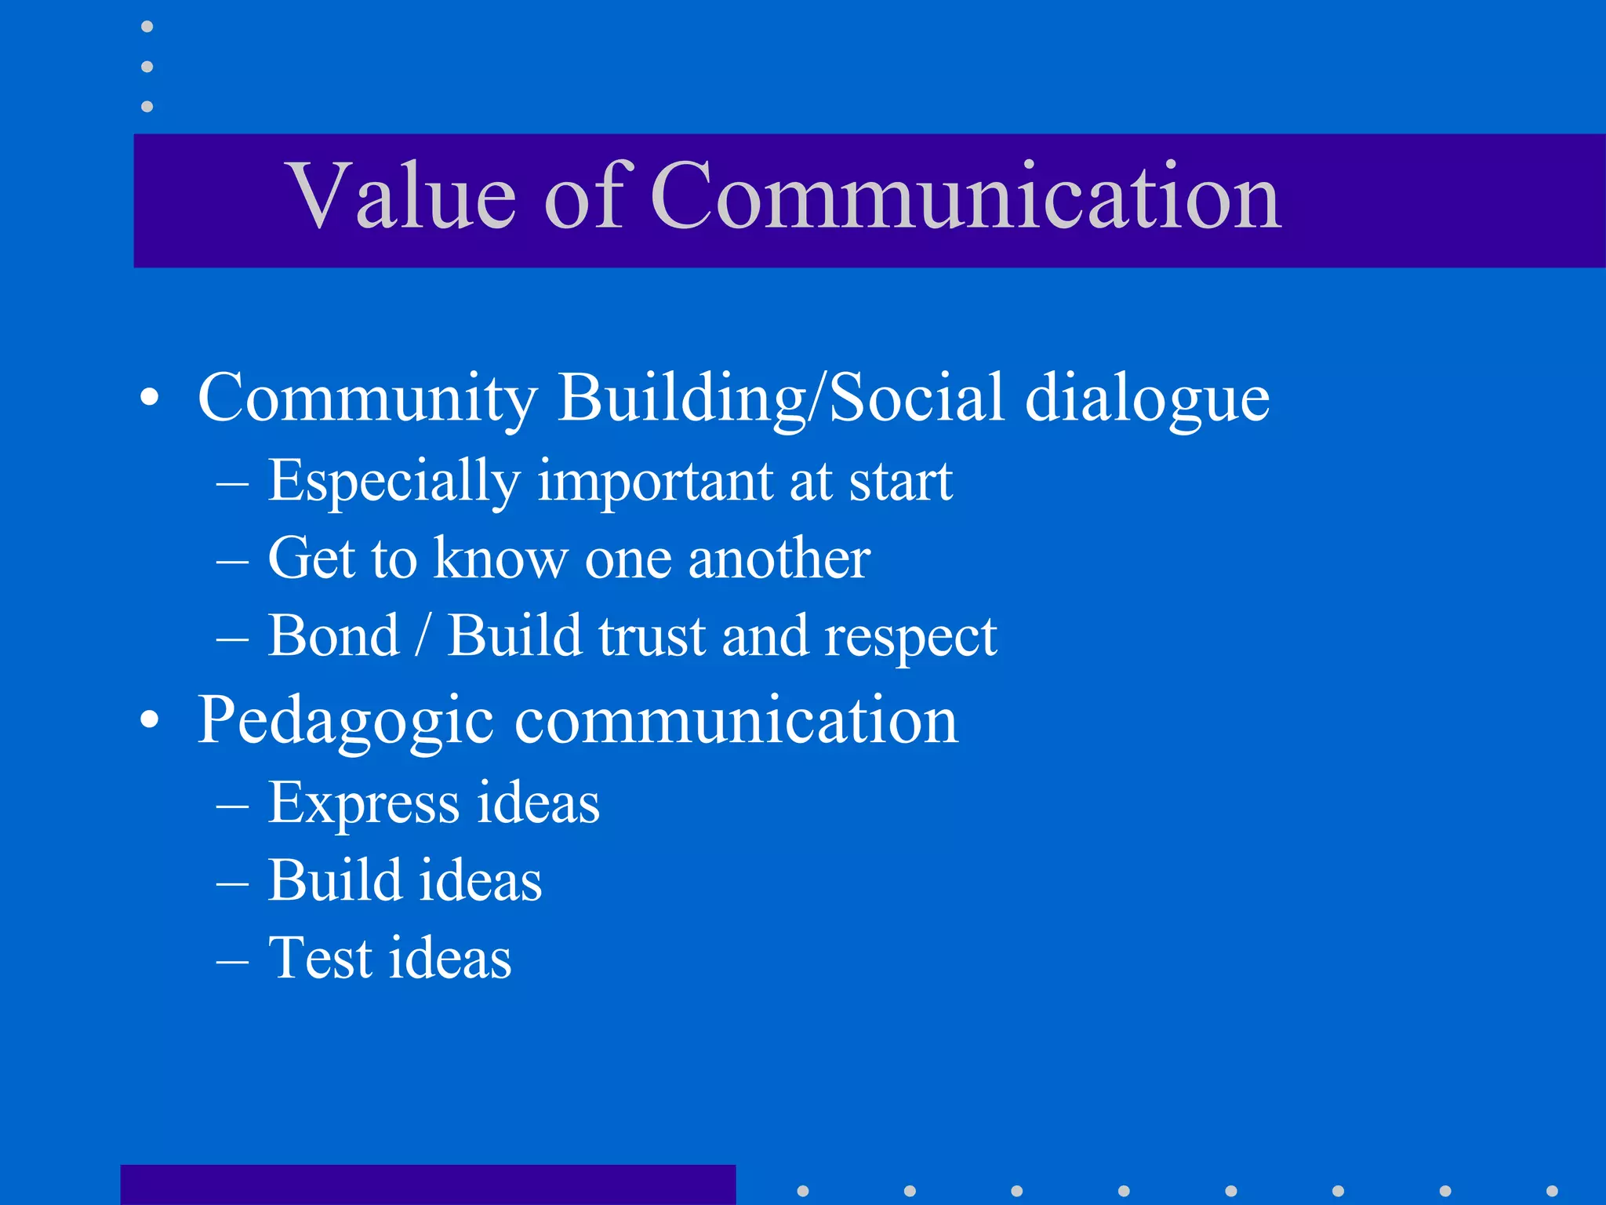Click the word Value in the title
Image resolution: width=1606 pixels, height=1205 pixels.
[x=403, y=196]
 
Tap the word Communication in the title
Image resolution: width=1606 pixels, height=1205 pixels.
[x=965, y=196]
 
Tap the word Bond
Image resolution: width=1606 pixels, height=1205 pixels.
[x=334, y=635]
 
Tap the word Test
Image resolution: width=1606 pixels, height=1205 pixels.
[x=320, y=958]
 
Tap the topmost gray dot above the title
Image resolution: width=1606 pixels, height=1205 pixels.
[x=147, y=27]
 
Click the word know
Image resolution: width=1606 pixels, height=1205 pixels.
[x=500, y=559]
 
